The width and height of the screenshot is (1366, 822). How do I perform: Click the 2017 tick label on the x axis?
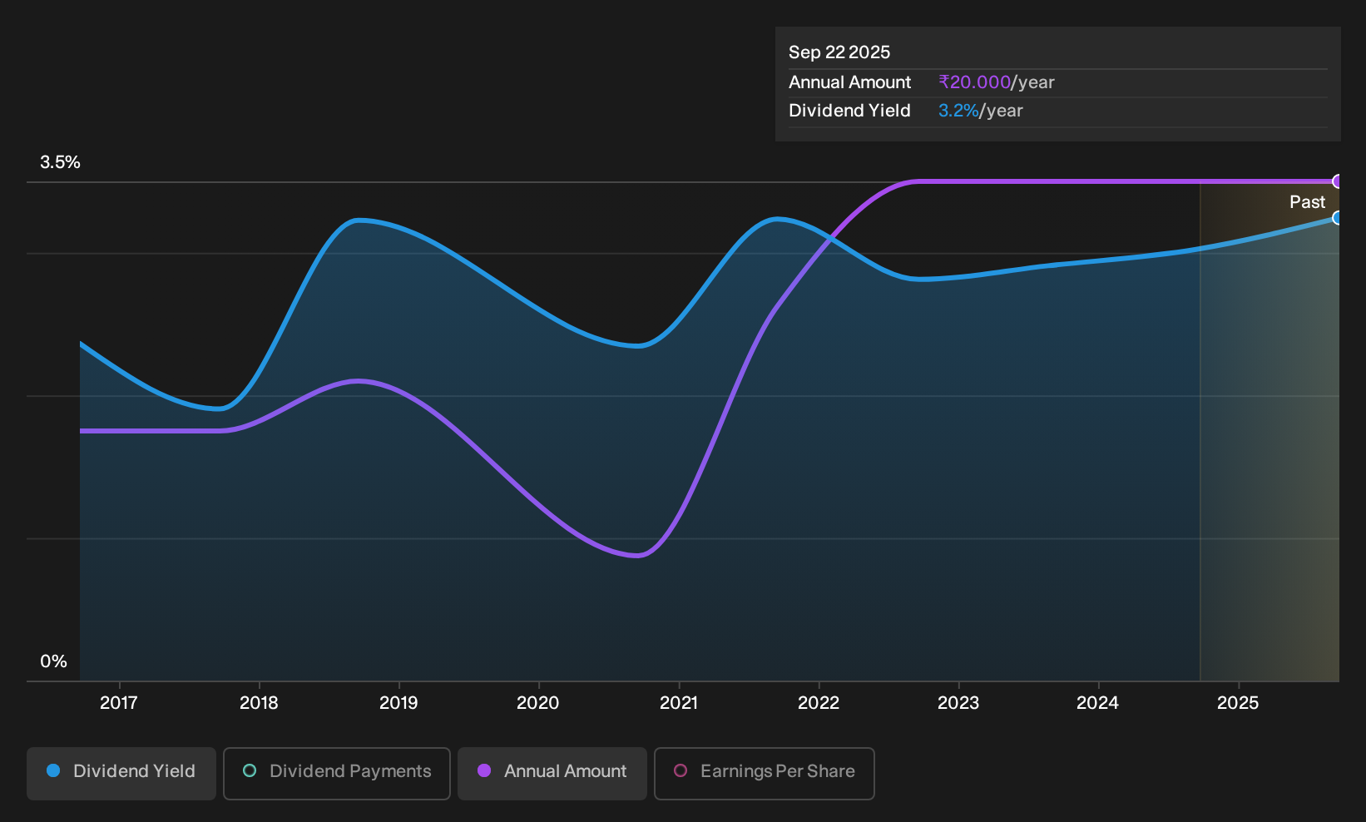tap(119, 702)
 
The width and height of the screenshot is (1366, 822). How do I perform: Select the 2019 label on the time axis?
tap(398, 702)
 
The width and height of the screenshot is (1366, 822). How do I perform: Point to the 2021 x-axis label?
tap(679, 702)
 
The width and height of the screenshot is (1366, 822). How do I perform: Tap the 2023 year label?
tap(958, 702)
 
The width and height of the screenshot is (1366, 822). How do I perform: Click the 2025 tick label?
tap(1238, 702)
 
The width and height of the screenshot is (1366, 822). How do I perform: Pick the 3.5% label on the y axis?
tap(60, 162)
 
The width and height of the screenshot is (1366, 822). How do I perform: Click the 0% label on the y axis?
tap(54, 661)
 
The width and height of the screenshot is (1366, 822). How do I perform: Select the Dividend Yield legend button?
tap(121, 773)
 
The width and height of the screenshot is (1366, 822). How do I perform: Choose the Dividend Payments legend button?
tap(337, 773)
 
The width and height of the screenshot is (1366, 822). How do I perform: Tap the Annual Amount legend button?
tap(552, 773)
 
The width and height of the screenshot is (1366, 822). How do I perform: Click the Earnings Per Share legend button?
tap(764, 773)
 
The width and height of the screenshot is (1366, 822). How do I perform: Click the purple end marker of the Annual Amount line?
tap(1337, 181)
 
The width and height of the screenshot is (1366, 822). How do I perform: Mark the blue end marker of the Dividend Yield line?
tap(1337, 218)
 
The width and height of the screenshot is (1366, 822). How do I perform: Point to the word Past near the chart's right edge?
tap(1308, 202)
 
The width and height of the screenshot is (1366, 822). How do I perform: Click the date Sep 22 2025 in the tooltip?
tap(839, 52)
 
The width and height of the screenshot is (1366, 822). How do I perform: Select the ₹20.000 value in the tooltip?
tap(974, 82)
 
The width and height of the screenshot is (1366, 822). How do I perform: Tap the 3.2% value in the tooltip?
tap(958, 111)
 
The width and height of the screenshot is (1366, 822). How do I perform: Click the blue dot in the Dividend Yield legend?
tap(54, 770)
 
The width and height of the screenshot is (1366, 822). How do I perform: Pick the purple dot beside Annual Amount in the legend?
tap(484, 770)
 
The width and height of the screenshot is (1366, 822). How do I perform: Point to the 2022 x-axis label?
tap(819, 702)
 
